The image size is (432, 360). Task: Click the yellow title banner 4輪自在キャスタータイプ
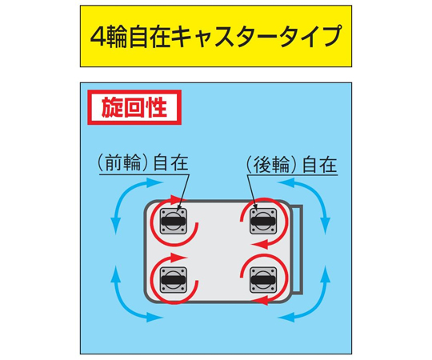point(216,36)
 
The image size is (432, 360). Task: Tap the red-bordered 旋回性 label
point(134,107)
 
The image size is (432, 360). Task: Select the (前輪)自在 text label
point(143,164)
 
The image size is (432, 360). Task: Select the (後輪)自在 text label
point(291,165)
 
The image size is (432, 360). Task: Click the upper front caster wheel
point(174,221)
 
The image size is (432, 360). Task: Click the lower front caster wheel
point(174,280)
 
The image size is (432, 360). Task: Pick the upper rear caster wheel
point(263,221)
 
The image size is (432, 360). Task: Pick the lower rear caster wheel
point(263,280)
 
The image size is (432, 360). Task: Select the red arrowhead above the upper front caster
point(178,199)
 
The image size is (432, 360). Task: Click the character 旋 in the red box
point(111,107)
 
